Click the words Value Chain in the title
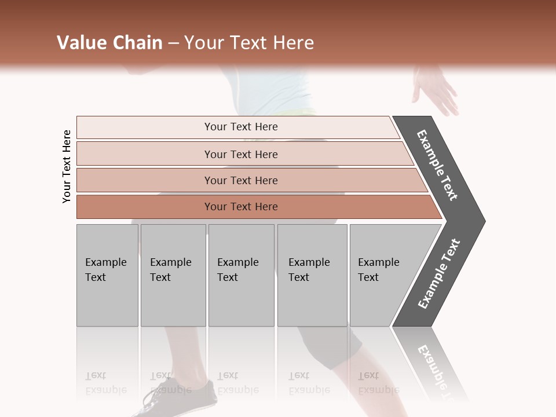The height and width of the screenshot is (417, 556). tap(109, 43)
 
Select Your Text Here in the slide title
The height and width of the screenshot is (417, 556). tap(249, 43)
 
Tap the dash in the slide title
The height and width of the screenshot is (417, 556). tap(173, 43)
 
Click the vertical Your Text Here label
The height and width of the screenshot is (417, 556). tap(67, 166)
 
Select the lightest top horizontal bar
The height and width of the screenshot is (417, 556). tap(240, 127)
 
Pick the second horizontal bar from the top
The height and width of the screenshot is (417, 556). tap(240, 154)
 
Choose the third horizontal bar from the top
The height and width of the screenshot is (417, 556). tap(240, 180)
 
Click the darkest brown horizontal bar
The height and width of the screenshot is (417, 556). tap(240, 207)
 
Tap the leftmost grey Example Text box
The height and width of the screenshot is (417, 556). tap(107, 275)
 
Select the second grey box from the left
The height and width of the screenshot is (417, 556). tap(173, 275)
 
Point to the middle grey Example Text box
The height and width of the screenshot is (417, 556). tap(241, 275)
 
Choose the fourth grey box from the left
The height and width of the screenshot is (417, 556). tap(312, 275)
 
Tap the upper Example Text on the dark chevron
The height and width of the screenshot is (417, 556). tap(438, 166)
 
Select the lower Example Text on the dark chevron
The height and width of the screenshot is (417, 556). tap(439, 273)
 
